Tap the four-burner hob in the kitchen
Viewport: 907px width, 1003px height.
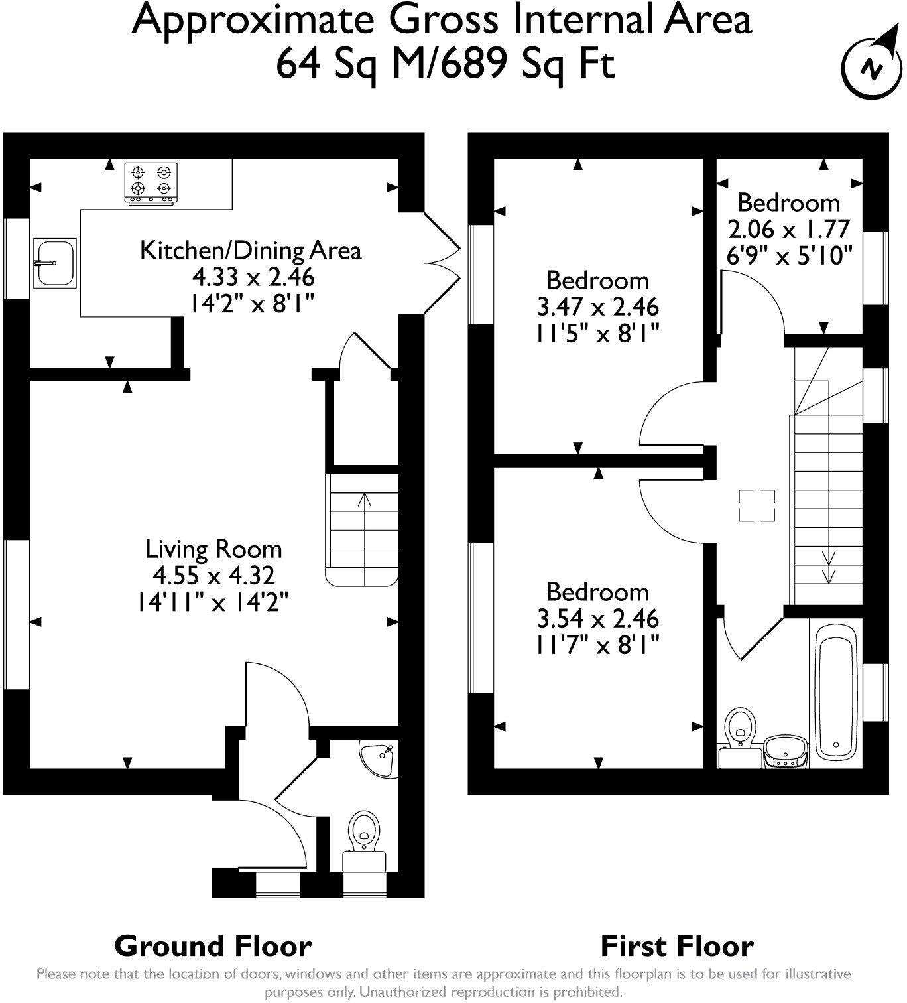151,182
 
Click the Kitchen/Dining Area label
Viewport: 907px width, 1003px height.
251,251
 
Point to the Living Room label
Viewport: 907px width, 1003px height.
213,549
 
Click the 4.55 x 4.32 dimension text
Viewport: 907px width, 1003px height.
213,575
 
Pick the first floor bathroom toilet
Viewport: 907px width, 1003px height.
739,731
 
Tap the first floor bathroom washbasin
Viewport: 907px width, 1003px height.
786,752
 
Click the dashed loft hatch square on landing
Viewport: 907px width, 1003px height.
757,505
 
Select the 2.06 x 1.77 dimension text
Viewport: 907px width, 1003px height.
788,229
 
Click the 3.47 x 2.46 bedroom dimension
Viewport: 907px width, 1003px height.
597,307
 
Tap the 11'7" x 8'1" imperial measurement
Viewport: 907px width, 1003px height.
597,644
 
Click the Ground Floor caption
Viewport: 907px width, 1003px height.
213,946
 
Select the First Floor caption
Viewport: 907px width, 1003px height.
677,946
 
